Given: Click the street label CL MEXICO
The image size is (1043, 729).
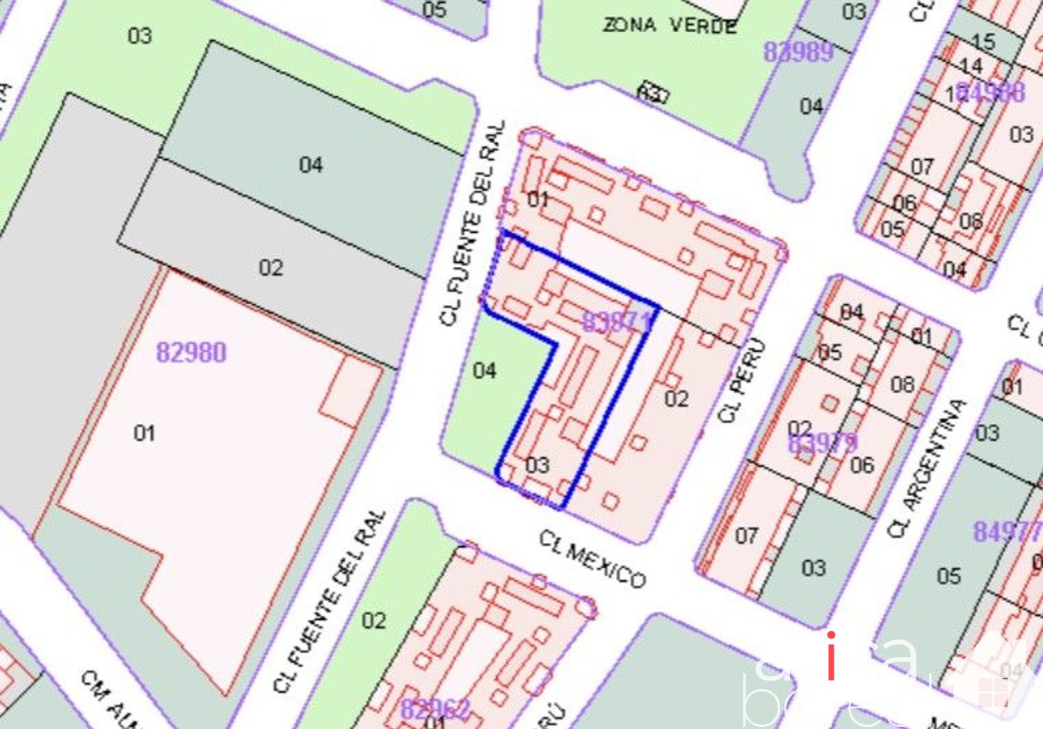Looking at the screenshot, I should pos(592,559).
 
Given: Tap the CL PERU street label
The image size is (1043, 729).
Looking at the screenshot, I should pos(743,380).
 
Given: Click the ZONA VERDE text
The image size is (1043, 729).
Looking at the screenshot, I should pos(669,26).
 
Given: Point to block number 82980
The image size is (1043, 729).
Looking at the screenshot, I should pos(191,352).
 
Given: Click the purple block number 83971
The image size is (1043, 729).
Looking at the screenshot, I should pos(616,322).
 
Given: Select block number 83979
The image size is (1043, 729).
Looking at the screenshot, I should pos(823,442).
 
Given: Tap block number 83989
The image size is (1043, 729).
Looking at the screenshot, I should pos(798,51).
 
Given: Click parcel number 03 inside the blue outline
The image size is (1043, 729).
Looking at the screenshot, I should pos(537,465).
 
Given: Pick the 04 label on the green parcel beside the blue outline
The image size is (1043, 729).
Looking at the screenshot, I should pos(485,370).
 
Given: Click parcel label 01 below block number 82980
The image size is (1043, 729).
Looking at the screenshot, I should pos(144,433).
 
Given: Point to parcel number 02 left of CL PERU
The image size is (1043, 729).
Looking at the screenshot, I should pos(676,399).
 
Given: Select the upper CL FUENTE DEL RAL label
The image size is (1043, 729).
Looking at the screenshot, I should pos(472,224).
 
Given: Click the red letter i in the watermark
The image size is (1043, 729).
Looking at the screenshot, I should pos(831,657).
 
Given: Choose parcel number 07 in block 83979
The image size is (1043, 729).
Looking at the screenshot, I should pos(746,536).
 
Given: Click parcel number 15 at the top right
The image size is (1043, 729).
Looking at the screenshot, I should pos(983,42).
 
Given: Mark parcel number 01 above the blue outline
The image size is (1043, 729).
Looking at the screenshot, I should pos(537,199).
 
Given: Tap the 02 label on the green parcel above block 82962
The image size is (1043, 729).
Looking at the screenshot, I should pos(373,620).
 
